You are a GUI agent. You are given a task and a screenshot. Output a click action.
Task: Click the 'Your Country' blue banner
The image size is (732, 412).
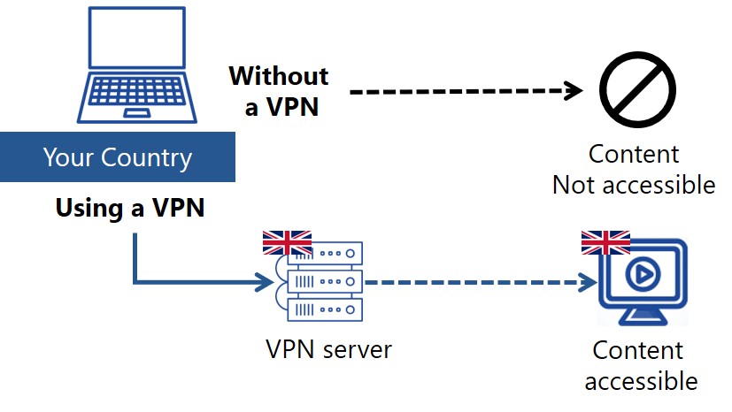(x=117, y=158)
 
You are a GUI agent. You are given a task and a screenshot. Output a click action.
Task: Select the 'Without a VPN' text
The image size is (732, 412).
(x=278, y=91)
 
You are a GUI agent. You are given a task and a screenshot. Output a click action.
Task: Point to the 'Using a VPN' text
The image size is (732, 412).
(x=129, y=208)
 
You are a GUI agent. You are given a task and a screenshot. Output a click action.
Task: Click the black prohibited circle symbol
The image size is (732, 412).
(x=636, y=90)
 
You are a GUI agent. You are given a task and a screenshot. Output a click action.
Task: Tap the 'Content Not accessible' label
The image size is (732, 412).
(x=634, y=169)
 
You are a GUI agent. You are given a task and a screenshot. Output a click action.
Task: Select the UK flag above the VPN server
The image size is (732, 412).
(x=287, y=242)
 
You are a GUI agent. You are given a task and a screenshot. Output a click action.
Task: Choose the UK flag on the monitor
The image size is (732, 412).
(x=605, y=242)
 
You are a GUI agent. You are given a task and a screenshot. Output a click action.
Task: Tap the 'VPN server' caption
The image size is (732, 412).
(x=328, y=349)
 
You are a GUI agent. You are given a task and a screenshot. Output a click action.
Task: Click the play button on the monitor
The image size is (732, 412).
(x=643, y=277)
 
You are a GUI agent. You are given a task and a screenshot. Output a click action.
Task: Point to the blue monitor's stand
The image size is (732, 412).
(x=643, y=317)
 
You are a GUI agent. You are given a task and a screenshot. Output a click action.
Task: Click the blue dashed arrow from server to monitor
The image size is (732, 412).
(x=478, y=284)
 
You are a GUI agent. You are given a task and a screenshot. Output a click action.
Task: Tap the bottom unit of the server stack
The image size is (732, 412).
(x=325, y=309)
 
